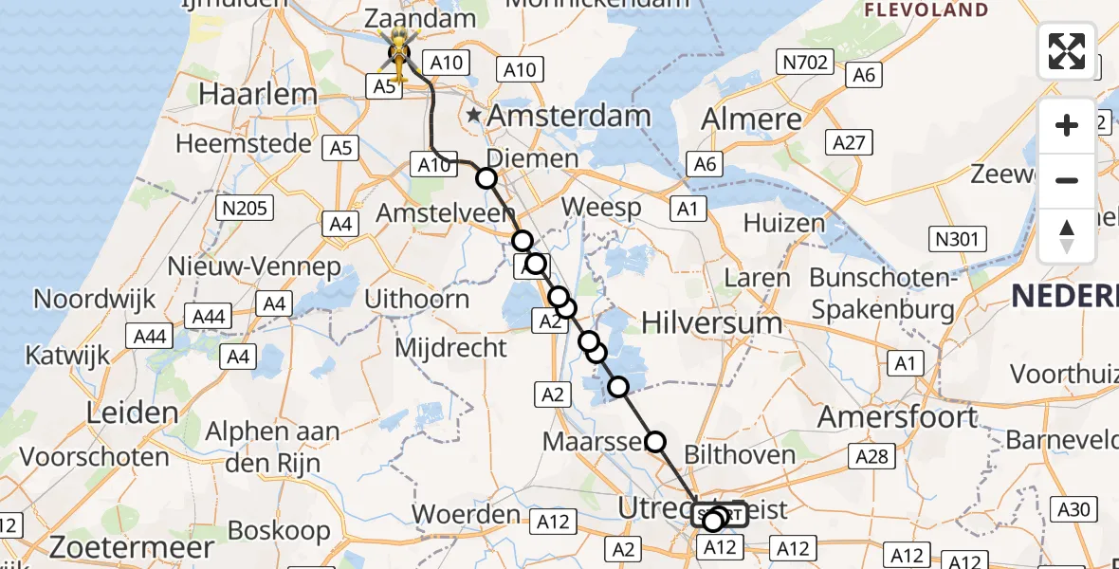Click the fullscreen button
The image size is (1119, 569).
pyautogui.click(x=1067, y=50)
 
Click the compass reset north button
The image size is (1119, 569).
pyautogui.click(x=1067, y=236)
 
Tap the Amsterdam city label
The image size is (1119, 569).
pyautogui.click(x=570, y=117)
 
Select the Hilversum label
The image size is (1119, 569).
pyautogui.click(x=712, y=322)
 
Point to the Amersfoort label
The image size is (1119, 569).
pyautogui.click(x=897, y=416)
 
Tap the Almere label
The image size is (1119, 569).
pyautogui.click(x=751, y=119)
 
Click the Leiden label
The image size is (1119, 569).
pyautogui.click(x=132, y=413)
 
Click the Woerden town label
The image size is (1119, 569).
pyautogui.click(x=466, y=515)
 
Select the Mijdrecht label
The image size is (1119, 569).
pyautogui.click(x=450, y=348)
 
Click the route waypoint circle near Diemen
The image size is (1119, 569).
pyautogui.click(x=486, y=178)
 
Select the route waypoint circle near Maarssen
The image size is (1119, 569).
pyautogui.click(x=655, y=441)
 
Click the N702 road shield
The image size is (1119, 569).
pyautogui.click(x=804, y=64)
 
